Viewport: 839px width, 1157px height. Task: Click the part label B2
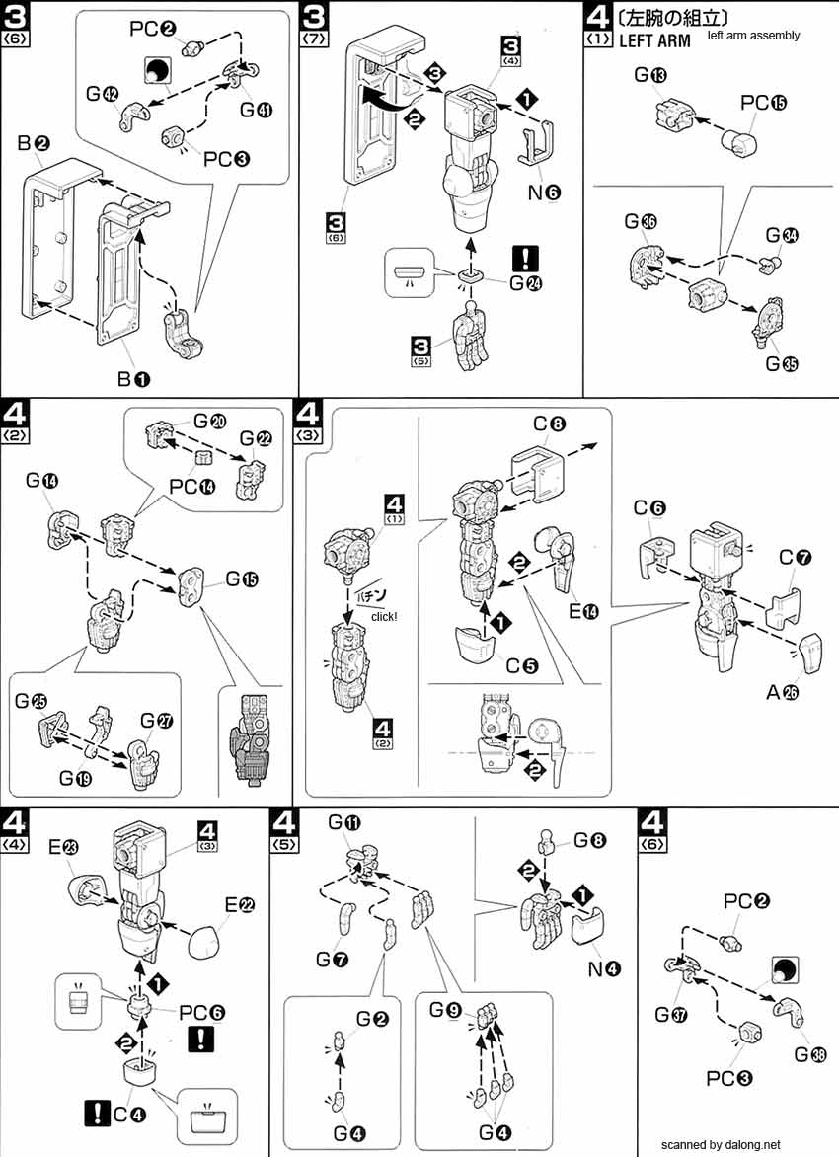(33, 144)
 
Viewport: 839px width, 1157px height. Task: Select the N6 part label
(543, 193)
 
